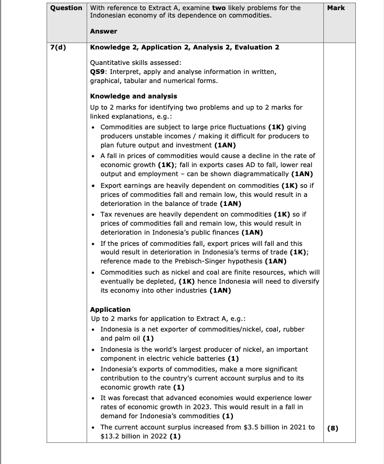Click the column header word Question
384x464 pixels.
(x=66, y=8)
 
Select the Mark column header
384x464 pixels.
(x=336, y=8)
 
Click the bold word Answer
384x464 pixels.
(x=104, y=31)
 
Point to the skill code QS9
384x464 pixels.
(x=98, y=71)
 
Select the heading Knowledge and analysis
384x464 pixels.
(x=133, y=96)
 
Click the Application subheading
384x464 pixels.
(x=110, y=309)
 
